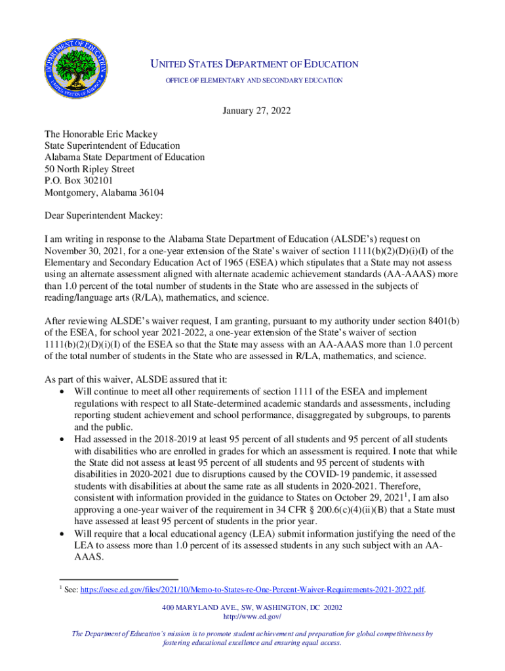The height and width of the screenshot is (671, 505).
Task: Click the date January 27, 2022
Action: pyautogui.click(x=253, y=111)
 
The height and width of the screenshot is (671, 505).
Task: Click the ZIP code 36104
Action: pyautogui.click(x=150, y=193)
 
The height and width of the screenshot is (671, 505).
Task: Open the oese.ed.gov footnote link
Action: pyautogui.click(x=252, y=590)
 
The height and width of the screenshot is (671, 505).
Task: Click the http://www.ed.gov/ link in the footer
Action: pyautogui.click(x=253, y=617)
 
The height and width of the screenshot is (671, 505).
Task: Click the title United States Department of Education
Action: pyautogui.click(x=254, y=64)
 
